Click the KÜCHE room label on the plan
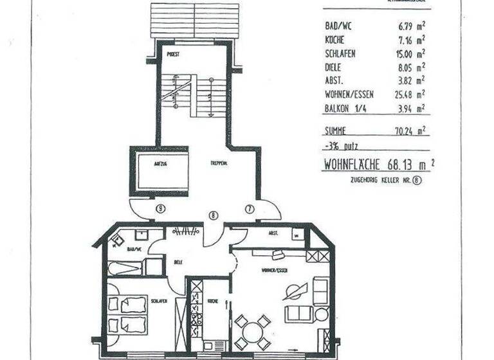212,300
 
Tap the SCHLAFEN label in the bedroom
160,300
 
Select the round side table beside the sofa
320,314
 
